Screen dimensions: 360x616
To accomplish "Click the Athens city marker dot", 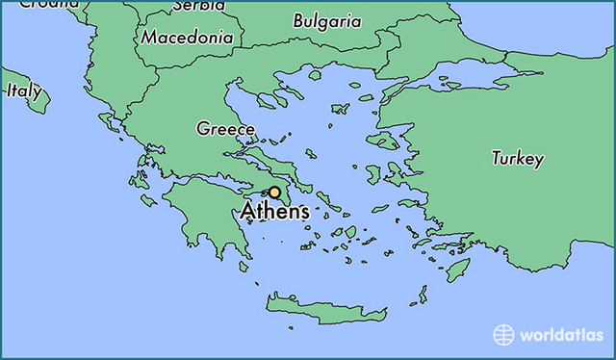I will pos(274,193).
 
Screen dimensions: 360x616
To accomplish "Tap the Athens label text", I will pos(276,212).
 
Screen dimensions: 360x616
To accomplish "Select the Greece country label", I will pos(226,129).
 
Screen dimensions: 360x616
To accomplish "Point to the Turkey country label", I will pos(518,159).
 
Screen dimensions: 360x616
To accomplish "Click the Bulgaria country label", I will pos(327,20).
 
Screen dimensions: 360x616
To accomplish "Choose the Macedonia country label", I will pos(187,38).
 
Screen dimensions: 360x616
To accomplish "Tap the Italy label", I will pos(24,91).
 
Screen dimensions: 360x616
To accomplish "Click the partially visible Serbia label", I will pos(198,6).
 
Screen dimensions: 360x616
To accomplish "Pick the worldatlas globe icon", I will pos(503,335).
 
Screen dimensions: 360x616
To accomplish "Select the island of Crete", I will pos(327,309).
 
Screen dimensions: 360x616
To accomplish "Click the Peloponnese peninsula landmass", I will pos(197,217).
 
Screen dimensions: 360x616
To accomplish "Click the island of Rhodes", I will pos(458,269).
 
